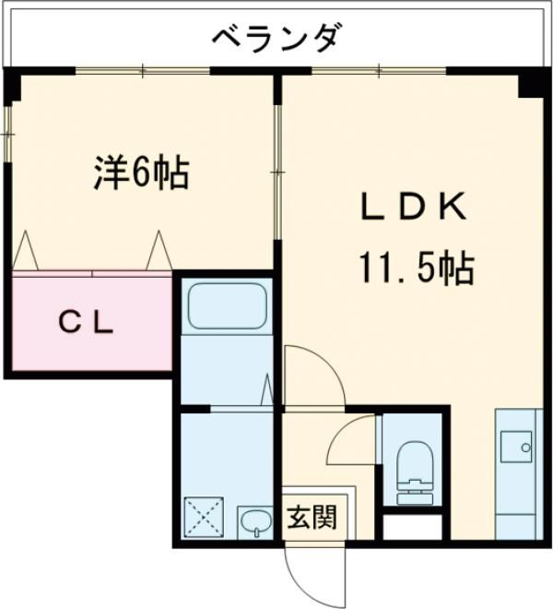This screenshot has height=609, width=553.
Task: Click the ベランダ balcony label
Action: coord(277,38)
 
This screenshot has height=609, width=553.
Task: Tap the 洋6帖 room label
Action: coord(141,173)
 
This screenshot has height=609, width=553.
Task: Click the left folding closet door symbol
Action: coord(25,250)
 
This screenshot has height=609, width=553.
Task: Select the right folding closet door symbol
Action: coord(159,250)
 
